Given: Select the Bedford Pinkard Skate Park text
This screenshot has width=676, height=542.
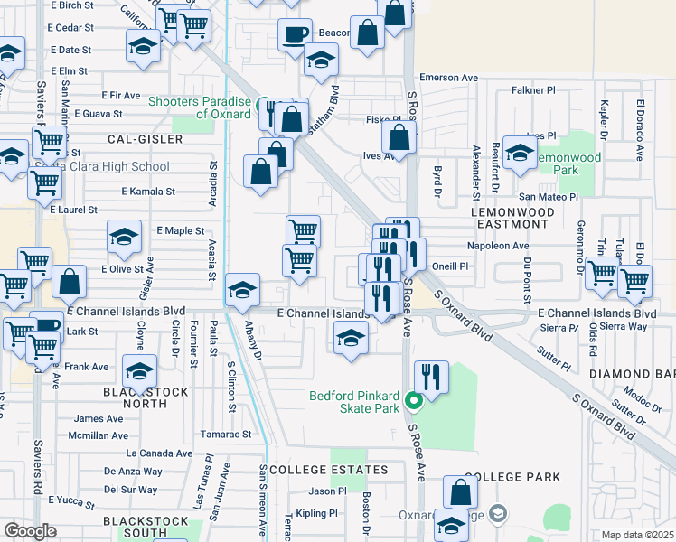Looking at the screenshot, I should point(353,396).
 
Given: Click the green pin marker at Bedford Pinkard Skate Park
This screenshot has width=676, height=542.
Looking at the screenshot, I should point(414,399).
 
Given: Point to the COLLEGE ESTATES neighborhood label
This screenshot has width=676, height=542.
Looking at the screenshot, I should point(329,470).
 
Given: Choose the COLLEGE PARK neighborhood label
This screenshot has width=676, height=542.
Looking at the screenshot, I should point(512,476).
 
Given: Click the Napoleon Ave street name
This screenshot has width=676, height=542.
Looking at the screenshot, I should point(497,245).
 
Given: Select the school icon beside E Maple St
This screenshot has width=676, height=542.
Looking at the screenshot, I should point(124,237).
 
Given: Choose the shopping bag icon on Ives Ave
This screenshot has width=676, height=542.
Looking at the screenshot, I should point(399,138).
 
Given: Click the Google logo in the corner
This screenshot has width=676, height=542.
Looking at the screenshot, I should point(30,531).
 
